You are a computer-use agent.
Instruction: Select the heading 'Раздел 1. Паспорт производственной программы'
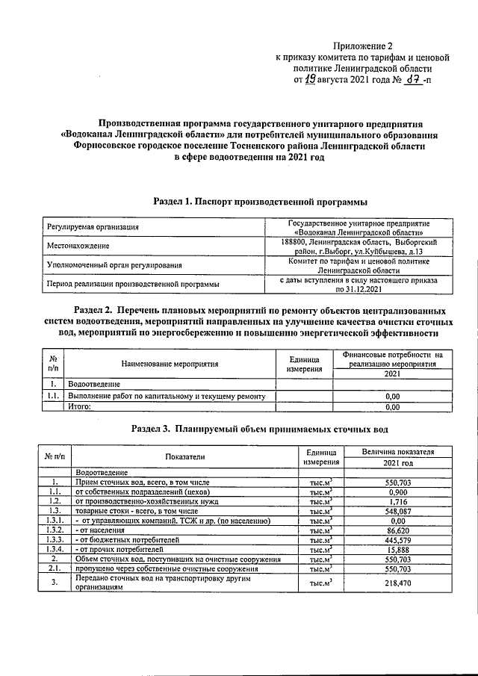coord(260,202)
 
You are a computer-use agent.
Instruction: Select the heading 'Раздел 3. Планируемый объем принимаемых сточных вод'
coord(259,430)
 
